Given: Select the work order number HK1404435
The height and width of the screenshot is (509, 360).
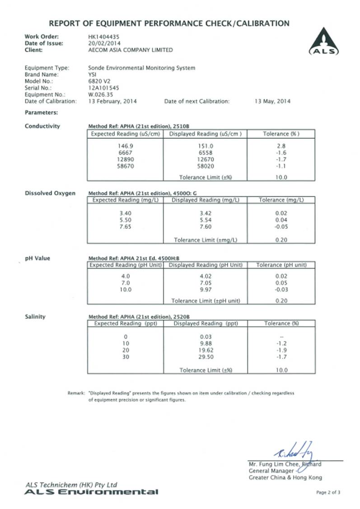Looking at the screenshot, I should tap(104, 36).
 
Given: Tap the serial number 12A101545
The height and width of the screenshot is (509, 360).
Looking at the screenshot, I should tap(104, 88).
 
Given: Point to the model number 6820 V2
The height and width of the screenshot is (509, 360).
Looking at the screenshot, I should tap(98, 81).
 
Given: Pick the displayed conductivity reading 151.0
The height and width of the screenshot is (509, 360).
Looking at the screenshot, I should tap(205, 146).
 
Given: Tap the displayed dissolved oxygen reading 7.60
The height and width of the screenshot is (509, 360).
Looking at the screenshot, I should tap(205, 227).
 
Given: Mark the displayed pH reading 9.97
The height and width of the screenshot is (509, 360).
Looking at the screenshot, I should tap(205, 289).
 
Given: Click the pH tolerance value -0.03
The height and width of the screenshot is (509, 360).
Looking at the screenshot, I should tap(281, 289).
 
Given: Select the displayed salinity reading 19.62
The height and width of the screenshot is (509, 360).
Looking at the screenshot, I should tap(205, 350).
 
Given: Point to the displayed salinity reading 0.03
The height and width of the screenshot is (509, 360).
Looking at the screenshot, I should tap(205, 336).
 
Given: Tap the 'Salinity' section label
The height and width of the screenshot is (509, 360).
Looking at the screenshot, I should tap(35, 316).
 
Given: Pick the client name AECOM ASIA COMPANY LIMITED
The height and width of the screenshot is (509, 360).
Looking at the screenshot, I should tap(130, 50).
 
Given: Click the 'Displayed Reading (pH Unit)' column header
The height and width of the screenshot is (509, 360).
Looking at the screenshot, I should tap(206, 265).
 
